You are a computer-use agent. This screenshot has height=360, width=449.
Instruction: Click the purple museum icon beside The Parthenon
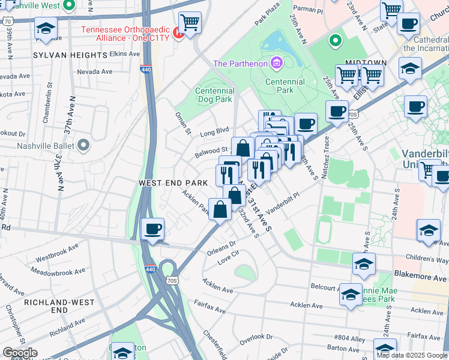[x=276, y=63]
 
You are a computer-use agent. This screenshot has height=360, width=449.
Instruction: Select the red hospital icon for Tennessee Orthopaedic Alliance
[x=177, y=34]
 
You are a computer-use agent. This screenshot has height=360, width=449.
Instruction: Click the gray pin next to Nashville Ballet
[x=84, y=145]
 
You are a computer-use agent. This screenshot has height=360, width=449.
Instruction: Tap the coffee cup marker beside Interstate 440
[x=152, y=229]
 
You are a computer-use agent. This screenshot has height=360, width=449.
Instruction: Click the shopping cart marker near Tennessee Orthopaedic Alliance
[x=190, y=23]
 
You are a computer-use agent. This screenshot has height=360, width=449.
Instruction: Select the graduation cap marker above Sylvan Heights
[x=46, y=28]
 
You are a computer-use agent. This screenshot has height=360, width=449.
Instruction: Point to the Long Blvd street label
[x=215, y=130]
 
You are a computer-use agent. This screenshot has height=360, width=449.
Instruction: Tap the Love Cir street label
[x=228, y=260]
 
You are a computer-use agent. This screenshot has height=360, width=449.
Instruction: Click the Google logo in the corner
[x=20, y=353]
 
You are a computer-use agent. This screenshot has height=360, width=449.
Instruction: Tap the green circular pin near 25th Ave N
[x=335, y=41]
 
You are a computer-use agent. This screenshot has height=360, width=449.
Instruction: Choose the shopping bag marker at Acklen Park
[x=220, y=209]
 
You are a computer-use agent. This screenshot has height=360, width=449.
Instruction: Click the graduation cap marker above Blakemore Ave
[x=364, y=264]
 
